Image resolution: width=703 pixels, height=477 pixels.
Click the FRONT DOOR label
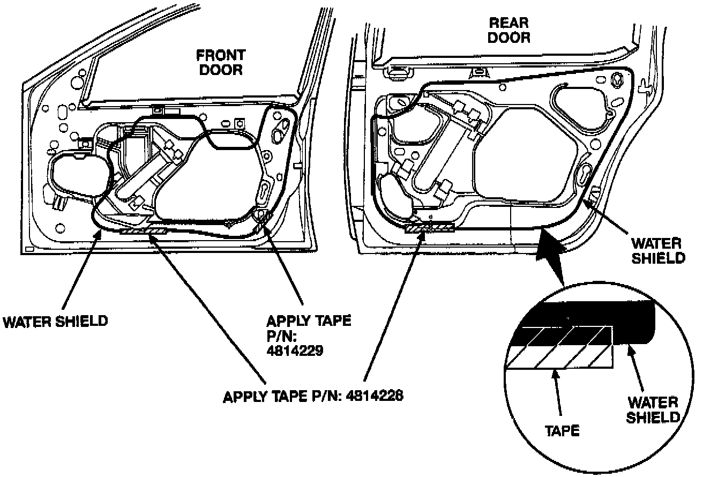(220, 62)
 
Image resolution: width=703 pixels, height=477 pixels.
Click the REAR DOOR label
(508, 31)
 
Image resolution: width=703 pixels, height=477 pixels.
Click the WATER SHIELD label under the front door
(56, 321)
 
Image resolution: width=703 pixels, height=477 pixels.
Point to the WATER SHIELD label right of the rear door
(657, 251)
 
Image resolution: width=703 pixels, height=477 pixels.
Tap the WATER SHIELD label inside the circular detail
(653, 409)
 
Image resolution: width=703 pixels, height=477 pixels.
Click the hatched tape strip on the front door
(143, 231)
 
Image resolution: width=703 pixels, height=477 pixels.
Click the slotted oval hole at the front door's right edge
(265, 193)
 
